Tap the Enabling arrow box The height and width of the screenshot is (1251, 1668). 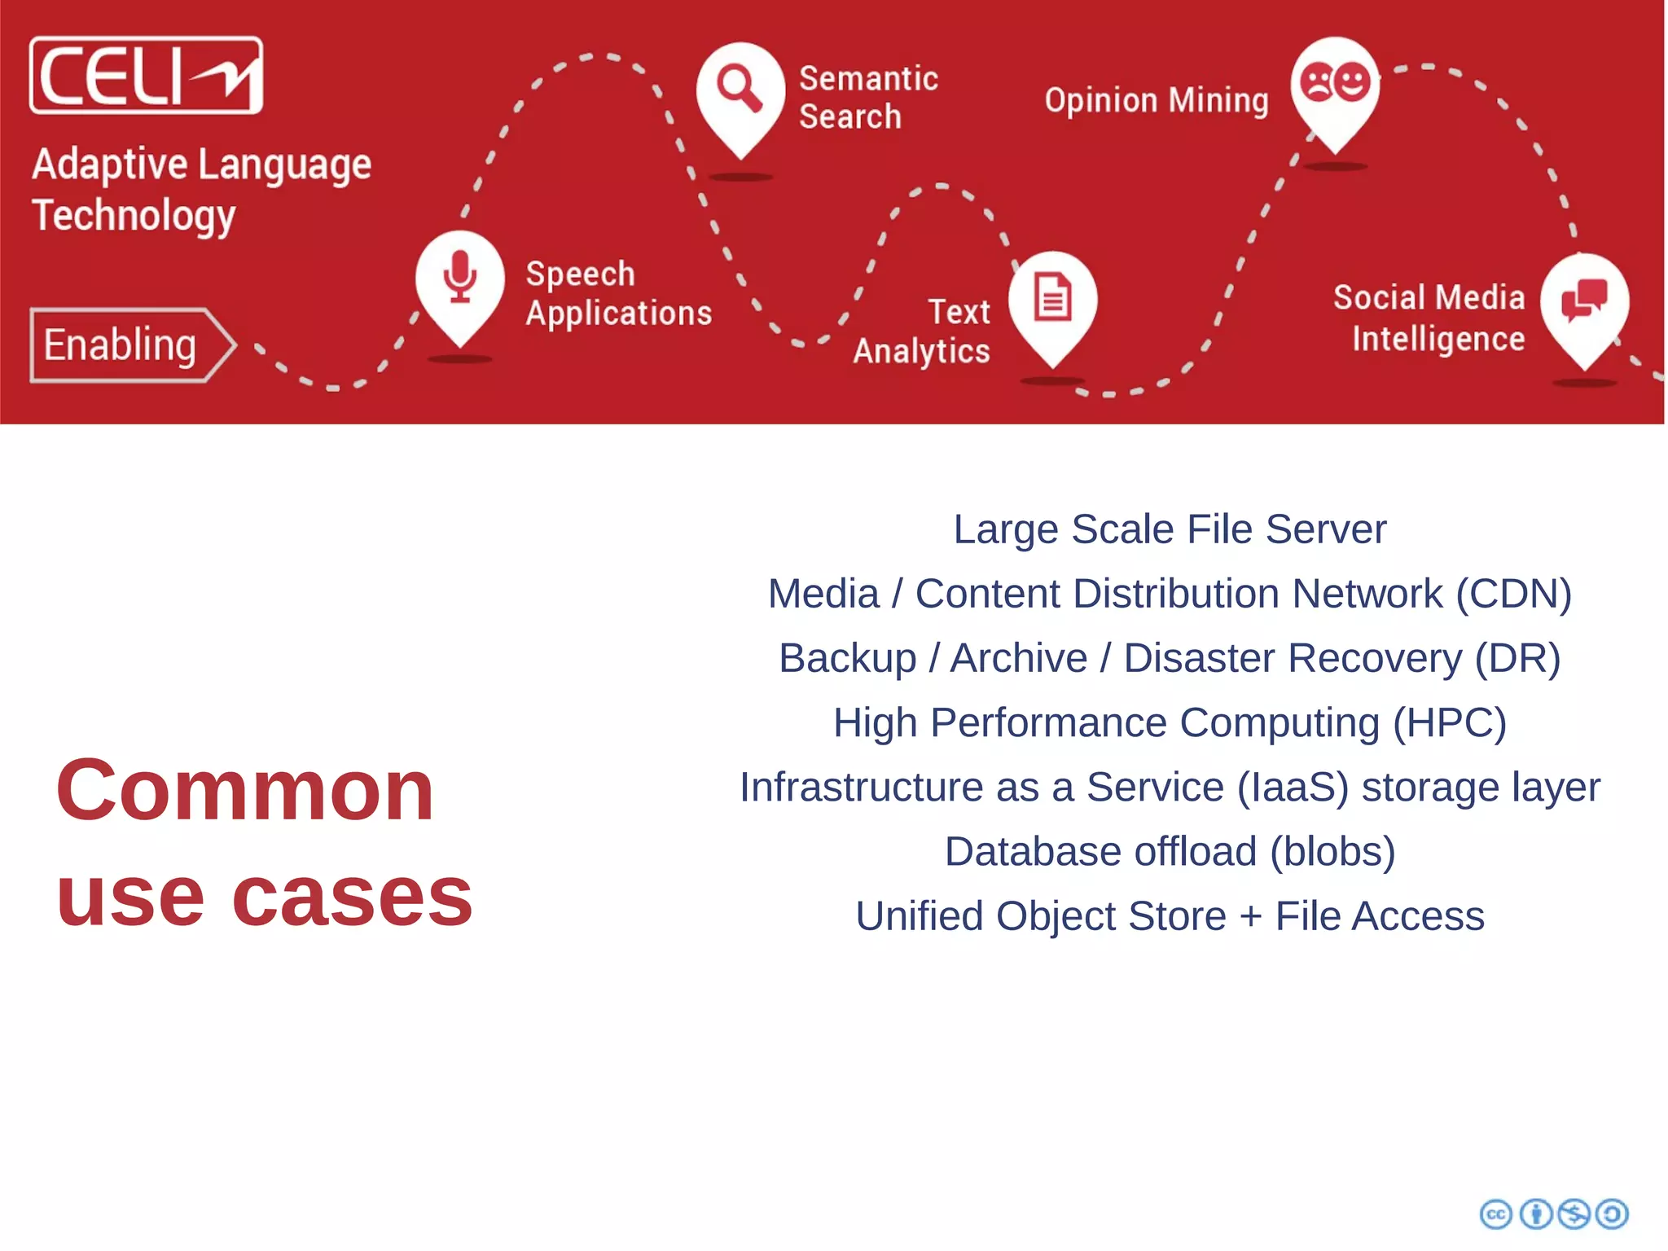[x=130, y=345]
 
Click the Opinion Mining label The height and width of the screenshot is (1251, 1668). [x=1157, y=101]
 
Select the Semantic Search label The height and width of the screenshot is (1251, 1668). [x=868, y=98]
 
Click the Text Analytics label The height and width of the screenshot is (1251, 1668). [x=922, y=331]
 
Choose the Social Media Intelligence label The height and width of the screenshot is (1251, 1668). [x=1429, y=318]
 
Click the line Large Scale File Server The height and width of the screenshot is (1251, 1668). [x=1170, y=529]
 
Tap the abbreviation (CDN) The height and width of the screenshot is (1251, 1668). [x=1513, y=594]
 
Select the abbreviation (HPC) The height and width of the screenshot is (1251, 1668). [x=1450, y=722]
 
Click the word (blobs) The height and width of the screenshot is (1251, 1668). [x=1332, y=852]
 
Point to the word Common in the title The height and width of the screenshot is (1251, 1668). [x=244, y=790]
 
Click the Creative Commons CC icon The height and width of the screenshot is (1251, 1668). [x=1495, y=1214]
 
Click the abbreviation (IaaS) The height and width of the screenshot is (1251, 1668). [x=1293, y=788]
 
